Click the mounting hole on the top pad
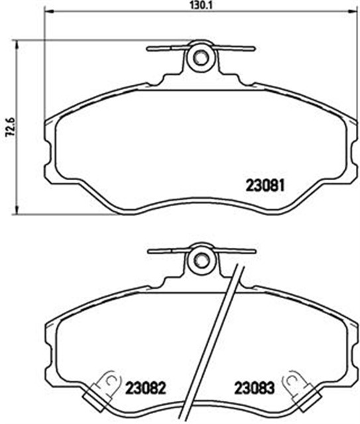click(x=198, y=58)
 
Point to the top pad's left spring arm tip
click(x=150, y=47)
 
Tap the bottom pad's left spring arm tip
click(x=150, y=250)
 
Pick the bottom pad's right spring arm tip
click(x=253, y=250)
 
